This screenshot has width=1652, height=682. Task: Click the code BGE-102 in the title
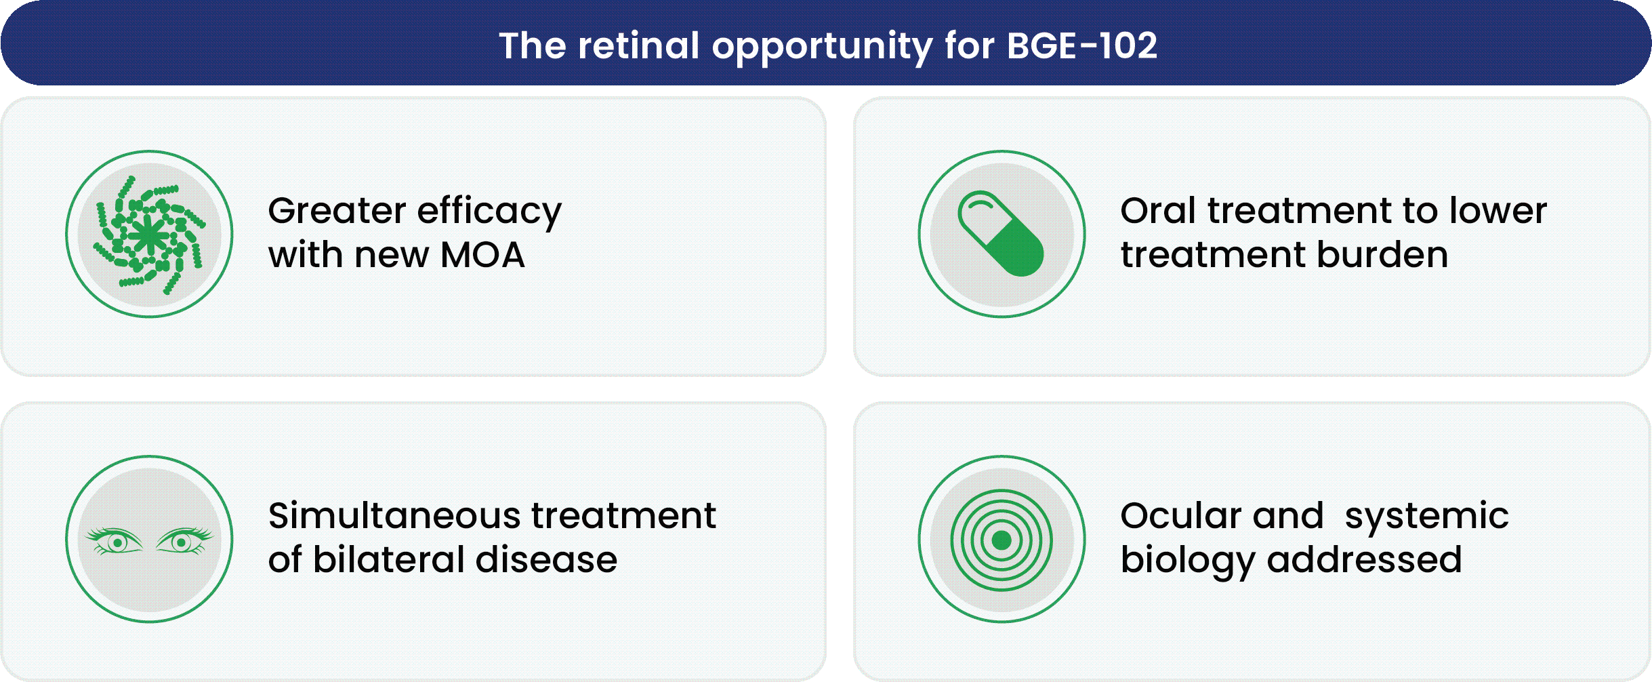click(x=1082, y=46)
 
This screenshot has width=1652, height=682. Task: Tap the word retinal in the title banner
click(x=638, y=46)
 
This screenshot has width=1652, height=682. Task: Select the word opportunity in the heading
click(x=822, y=47)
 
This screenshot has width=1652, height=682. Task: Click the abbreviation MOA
click(x=482, y=256)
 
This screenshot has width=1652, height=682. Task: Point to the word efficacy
click(x=489, y=212)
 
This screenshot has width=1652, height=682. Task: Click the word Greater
click(x=336, y=211)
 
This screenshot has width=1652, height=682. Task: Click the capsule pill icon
click(x=1001, y=234)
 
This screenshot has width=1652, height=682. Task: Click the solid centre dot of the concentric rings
click(x=1001, y=540)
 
